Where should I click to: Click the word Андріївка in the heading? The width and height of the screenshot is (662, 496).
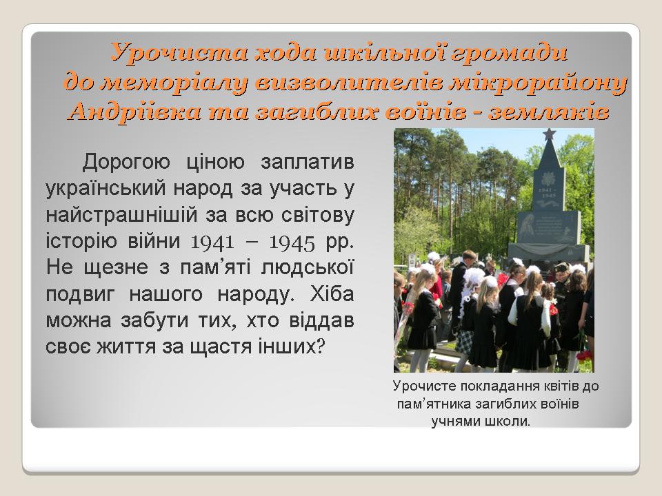tap(134, 112)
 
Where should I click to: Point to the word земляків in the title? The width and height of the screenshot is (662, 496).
tap(549, 112)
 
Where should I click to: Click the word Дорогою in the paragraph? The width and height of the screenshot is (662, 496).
tap(126, 163)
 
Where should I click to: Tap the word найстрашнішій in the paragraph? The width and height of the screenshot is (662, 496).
tap(121, 215)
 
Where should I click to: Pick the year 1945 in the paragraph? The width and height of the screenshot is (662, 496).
tap(292, 242)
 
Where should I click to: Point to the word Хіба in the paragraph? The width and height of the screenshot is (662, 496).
tap(332, 294)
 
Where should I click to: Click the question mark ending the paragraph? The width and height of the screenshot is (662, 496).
tap(320, 347)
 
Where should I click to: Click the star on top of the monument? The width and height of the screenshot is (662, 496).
tap(549, 134)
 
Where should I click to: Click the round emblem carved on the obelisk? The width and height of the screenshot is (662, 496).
tap(548, 177)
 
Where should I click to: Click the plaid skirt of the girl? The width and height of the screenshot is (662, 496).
tap(465, 342)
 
